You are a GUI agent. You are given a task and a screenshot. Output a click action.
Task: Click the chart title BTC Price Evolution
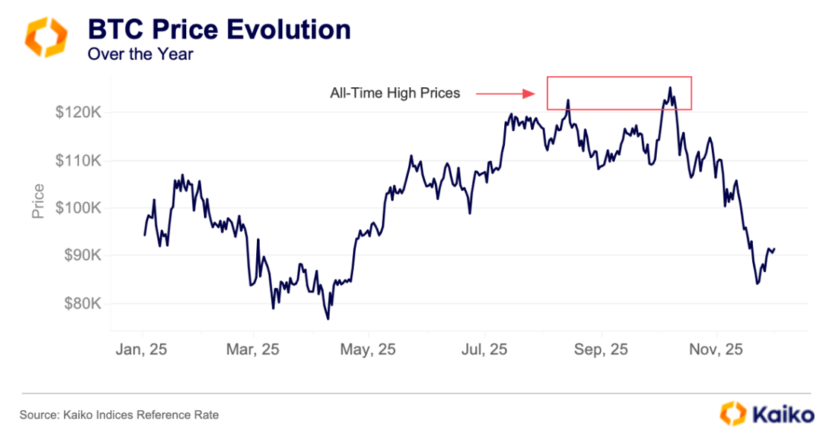click(x=219, y=30)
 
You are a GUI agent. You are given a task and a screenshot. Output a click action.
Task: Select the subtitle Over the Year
click(x=140, y=54)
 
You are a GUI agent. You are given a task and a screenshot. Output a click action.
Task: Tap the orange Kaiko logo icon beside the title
click(x=46, y=38)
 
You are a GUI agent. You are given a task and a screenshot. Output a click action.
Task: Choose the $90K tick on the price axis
click(x=83, y=256)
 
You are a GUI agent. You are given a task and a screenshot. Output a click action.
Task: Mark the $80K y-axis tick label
click(x=83, y=304)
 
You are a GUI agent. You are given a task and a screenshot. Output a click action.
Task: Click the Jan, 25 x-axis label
click(x=142, y=349)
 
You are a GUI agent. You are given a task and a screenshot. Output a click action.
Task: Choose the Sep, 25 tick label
click(x=602, y=349)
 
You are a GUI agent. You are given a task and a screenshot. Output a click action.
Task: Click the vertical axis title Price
click(x=38, y=201)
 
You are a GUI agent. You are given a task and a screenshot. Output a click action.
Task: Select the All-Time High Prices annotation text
click(x=395, y=93)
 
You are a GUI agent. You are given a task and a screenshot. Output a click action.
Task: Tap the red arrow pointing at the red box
click(x=506, y=93)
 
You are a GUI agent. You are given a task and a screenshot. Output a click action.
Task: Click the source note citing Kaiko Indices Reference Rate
click(x=119, y=415)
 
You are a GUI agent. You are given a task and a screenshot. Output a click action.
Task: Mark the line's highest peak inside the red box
click(x=669, y=88)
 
